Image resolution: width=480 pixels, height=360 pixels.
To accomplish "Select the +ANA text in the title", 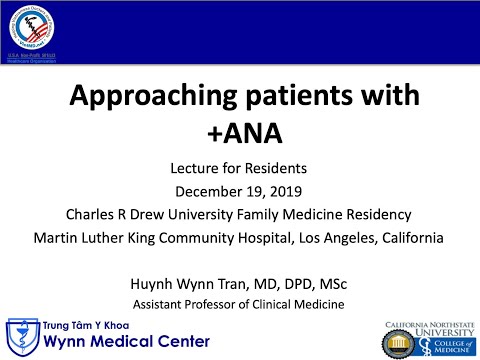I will tap(241, 132).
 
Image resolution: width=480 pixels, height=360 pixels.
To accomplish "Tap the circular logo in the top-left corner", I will tap(31, 27).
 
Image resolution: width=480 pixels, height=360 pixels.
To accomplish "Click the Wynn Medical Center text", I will tap(109, 340).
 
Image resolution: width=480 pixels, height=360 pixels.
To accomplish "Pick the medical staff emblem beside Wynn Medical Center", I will tap(17, 333).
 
